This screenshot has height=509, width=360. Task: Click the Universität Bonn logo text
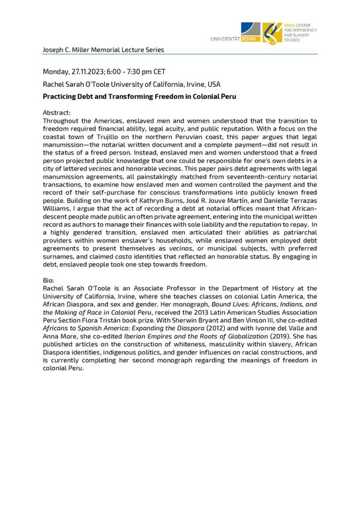[234, 39]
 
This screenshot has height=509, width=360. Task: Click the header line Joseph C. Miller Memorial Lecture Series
[103, 50]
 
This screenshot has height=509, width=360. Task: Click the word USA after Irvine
[212, 84]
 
